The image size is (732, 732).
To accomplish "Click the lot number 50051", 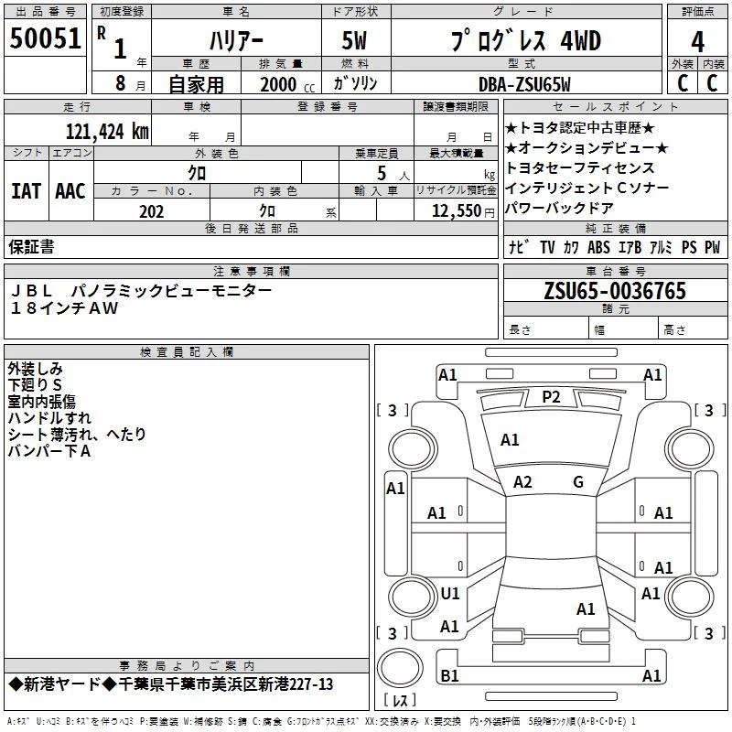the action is (x=45, y=38).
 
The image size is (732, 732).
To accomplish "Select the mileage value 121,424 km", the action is (x=107, y=132).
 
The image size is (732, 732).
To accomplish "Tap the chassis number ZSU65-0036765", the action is (x=615, y=291).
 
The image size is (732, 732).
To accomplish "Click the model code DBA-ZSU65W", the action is (x=524, y=84).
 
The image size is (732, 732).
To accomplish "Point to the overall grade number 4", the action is (x=697, y=42).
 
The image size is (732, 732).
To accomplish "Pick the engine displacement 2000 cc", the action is (x=287, y=84).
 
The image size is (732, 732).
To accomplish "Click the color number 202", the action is (x=151, y=211).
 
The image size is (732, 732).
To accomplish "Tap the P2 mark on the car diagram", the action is (x=551, y=397).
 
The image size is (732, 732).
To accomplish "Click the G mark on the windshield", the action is (x=578, y=482).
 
